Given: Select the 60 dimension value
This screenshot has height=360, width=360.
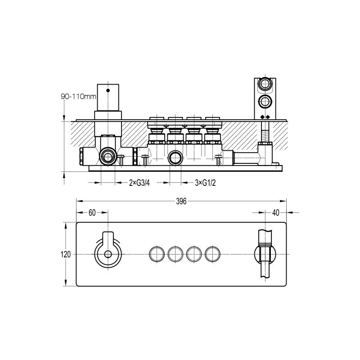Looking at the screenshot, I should (x=92, y=213).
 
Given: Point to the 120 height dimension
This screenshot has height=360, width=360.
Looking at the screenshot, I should (x=66, y=254).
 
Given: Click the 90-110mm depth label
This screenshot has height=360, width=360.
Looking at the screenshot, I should (x=78, y=96).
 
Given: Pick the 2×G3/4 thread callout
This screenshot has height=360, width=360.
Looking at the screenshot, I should (x=139, y=183).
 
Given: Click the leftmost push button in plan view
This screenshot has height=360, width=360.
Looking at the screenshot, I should (x=157, y=254).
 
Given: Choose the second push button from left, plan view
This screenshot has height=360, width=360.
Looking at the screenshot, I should (x=175, y=254).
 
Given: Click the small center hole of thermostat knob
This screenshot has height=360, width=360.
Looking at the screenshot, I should (x=108, y=255).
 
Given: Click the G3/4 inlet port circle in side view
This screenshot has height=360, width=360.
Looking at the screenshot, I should (x=108, y=157).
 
